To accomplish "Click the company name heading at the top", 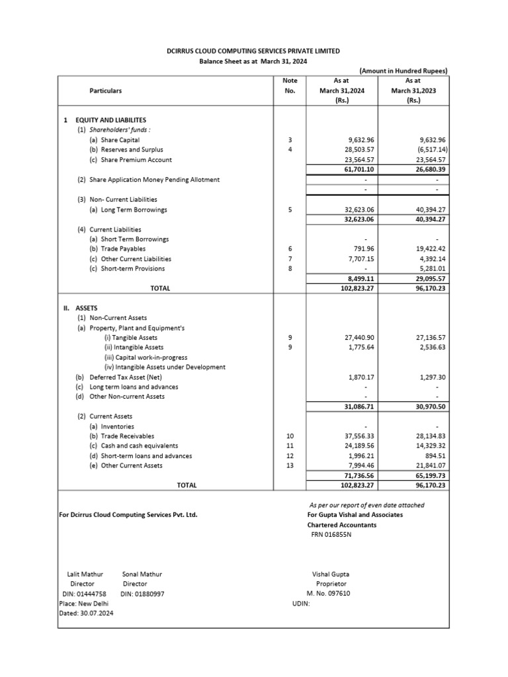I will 254,51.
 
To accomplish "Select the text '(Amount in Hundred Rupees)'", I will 403,71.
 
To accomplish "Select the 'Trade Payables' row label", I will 118,249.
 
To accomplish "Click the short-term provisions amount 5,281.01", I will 431,269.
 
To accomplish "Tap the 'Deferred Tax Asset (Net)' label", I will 126,377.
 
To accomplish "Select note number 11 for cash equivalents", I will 289,446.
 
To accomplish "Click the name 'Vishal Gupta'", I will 332,575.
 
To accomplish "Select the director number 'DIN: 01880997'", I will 142,594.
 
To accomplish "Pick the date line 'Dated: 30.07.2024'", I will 87,614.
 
